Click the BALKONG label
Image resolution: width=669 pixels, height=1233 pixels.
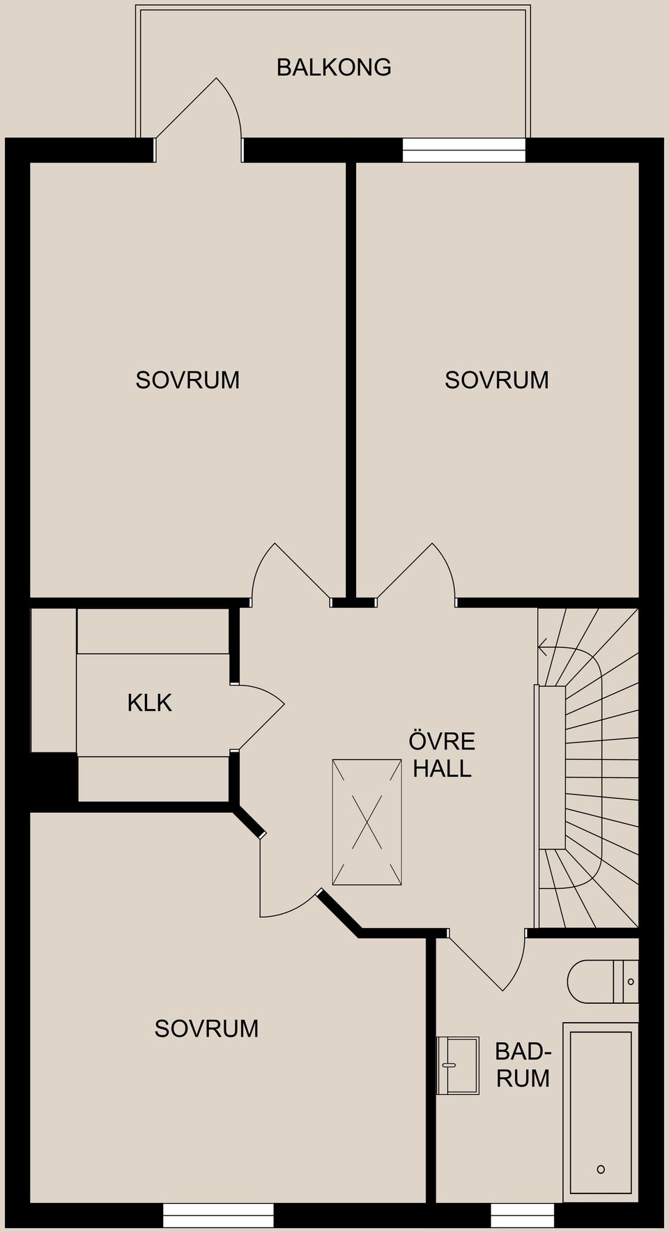[334, 68]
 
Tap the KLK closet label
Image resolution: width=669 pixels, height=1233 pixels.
[149, 703]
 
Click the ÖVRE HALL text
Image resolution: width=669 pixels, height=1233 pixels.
[442, 754]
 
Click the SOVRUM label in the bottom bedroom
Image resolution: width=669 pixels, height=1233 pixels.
[206, 1028]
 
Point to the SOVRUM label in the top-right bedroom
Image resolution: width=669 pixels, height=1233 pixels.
[497, 380]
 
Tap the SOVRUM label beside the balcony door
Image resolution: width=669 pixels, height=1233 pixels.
[187, 380]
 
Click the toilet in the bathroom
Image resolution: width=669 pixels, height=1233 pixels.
[603, 982]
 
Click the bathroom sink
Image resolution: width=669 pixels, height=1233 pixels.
[458, 1065]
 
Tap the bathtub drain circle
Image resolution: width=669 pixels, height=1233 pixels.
[601, 1169]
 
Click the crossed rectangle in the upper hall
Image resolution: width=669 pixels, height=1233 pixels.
[367, 822]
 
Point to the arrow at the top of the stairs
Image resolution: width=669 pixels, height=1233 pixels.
[544, 650]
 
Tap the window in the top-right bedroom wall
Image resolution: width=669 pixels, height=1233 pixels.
[463, 150]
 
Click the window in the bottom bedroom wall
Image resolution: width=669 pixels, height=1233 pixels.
[218, 1216]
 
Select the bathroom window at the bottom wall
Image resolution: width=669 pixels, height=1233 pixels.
[523, 1216]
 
